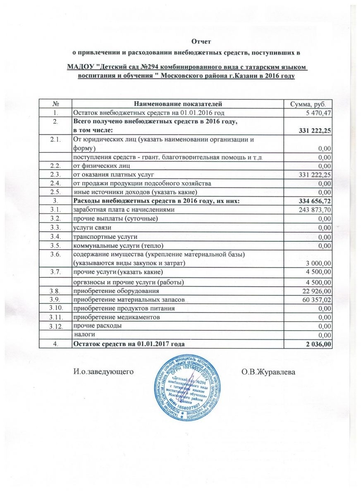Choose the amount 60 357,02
[317, 300]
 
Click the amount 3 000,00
[318, 263]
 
